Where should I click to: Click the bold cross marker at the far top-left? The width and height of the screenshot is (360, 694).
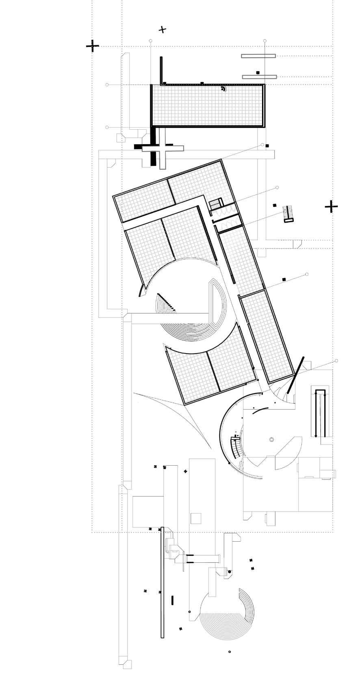coord(93,46)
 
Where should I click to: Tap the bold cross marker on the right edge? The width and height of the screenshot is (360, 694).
coord(331,207)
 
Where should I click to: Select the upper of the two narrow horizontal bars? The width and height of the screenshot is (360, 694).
coord(258,56)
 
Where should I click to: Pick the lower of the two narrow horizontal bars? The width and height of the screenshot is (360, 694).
coord(259,77)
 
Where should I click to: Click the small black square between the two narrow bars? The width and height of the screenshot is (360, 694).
coord(258,72)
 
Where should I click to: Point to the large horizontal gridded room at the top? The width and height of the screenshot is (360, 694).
coord(208,106)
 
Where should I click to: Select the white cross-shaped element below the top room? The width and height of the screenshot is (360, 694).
coord(163,149)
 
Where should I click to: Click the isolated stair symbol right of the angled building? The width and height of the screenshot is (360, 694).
coord(288,214)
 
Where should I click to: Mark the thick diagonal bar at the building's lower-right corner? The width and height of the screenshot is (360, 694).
coord(296,375)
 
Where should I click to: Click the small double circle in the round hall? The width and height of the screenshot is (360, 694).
coord(271,440)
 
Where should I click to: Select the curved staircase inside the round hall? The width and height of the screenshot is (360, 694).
coord(236,447)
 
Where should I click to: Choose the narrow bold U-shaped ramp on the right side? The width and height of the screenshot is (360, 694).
coord(321,413)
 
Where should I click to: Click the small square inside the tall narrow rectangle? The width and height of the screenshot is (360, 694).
coord(196,519)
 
